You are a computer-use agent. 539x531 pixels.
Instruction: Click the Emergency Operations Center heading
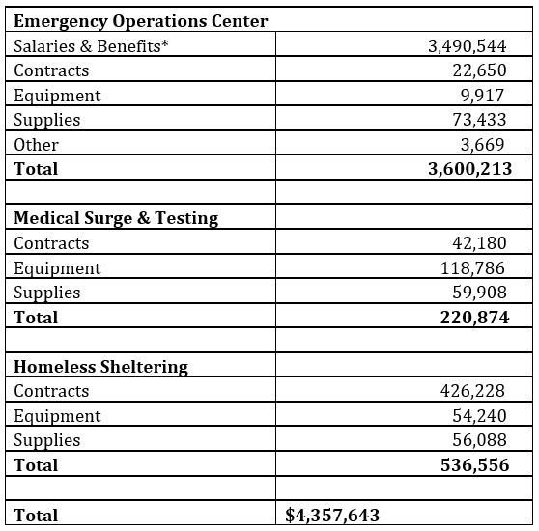141,21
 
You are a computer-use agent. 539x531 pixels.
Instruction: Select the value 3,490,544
468,46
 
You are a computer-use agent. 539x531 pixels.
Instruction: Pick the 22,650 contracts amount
480,70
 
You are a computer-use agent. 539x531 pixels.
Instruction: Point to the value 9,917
486,96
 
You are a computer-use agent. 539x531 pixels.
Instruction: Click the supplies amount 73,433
480,120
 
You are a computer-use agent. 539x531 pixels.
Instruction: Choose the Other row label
37,145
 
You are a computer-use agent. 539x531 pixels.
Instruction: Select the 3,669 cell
486,145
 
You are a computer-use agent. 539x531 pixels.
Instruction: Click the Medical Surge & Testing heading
116,218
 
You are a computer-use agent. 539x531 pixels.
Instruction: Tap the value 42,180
480,243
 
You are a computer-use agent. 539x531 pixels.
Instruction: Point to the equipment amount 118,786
476,268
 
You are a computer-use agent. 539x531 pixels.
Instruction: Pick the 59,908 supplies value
480,293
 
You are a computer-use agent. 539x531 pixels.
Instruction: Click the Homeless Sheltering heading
100,367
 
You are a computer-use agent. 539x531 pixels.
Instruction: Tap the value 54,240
480,416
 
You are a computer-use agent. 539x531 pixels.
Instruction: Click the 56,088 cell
480,440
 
